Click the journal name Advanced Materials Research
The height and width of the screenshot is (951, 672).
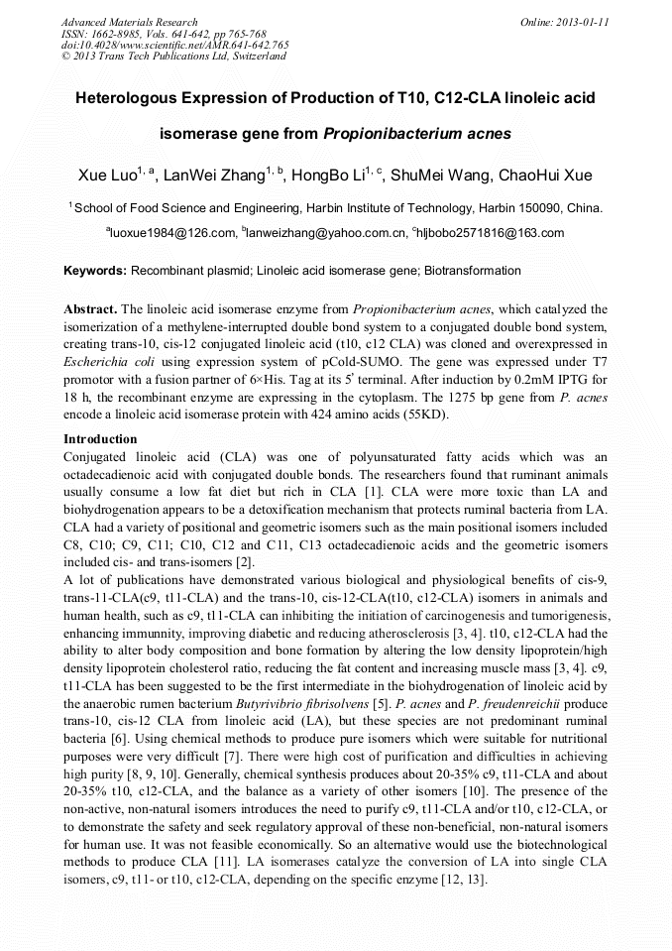tap(130, 22)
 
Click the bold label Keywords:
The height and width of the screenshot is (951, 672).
tap(95, 270)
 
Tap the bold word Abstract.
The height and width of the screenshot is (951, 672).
tap(90, 309)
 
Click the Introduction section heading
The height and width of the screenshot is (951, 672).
tap(100, 438)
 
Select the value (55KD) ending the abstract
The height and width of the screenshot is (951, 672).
tap(425, 416)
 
